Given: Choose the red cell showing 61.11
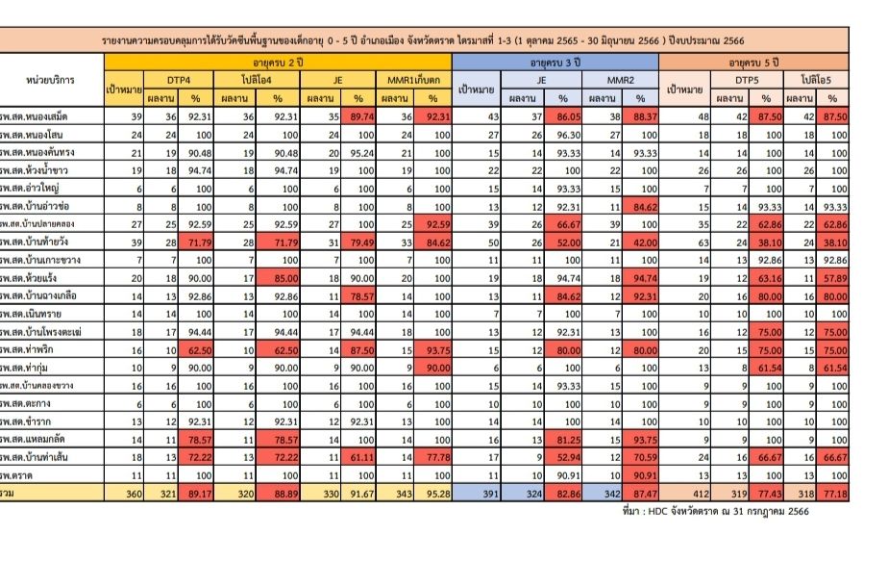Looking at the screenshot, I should coord(358,457).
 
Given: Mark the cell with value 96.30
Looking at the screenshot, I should coord(563,134).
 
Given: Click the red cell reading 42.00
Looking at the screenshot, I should coord(641,242).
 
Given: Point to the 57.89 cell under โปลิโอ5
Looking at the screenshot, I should coord(832,277).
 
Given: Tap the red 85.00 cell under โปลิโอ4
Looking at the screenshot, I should coord(277,277).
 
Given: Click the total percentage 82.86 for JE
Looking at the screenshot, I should coord(563,492).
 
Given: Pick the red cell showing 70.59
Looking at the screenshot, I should coord(641,457).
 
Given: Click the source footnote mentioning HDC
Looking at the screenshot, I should coord(715,511).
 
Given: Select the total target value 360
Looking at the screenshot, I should coord(124,492).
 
